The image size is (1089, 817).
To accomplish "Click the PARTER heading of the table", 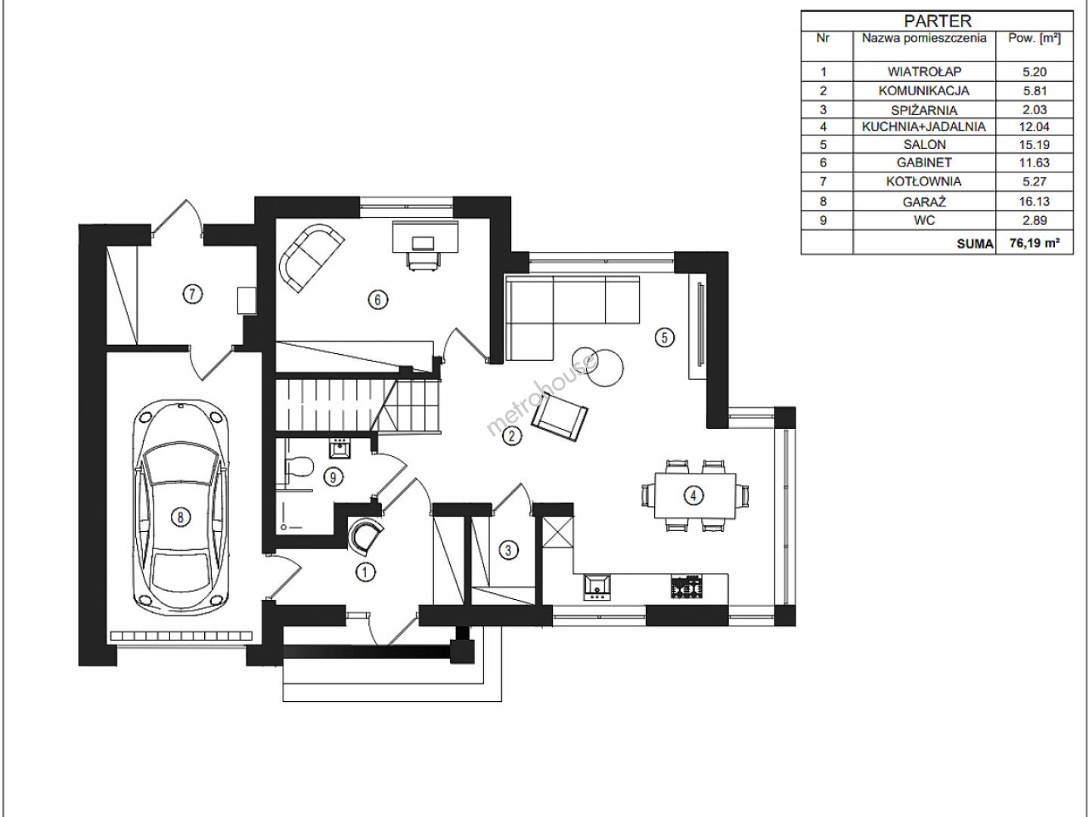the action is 937,21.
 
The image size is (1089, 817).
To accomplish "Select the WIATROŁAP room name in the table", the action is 924,71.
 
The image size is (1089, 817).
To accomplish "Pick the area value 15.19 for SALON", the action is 1034,144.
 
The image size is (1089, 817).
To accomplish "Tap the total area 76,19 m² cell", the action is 1035,243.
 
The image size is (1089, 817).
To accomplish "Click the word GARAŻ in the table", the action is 924,202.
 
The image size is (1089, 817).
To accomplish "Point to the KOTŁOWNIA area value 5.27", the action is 1034,182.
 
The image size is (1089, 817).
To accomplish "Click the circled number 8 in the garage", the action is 180,517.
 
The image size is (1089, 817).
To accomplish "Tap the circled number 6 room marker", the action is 377,300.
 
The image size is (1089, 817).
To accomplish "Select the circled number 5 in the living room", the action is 664,338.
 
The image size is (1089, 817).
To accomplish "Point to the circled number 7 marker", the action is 193,294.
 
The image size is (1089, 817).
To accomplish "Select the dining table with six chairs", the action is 694,495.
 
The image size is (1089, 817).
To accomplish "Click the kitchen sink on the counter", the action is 597,587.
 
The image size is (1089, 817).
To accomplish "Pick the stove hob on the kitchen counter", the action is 687,586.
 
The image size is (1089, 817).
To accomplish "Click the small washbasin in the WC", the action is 340,450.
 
